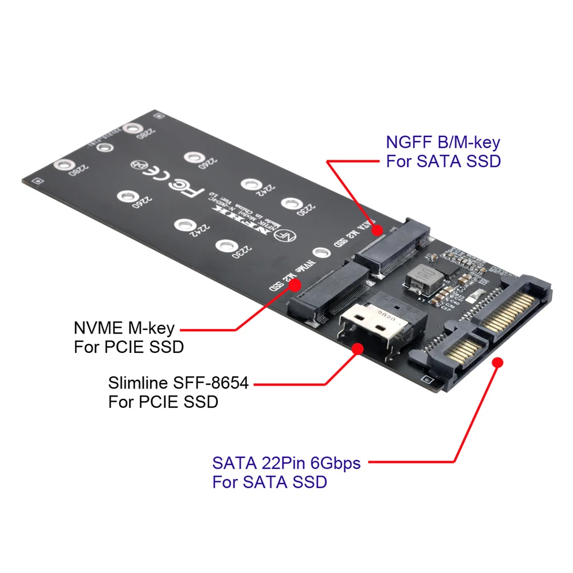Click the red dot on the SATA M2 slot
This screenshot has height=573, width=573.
pos(377,230)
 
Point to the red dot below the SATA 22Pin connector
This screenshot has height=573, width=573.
pos(497,363)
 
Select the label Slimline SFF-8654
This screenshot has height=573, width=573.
pos(178,383)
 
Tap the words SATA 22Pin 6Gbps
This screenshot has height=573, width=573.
pos(286,462)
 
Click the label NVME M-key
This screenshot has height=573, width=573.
pos(124,328)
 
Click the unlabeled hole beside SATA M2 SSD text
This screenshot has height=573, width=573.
pos(320,253)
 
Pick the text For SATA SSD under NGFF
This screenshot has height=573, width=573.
pos(444,161)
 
